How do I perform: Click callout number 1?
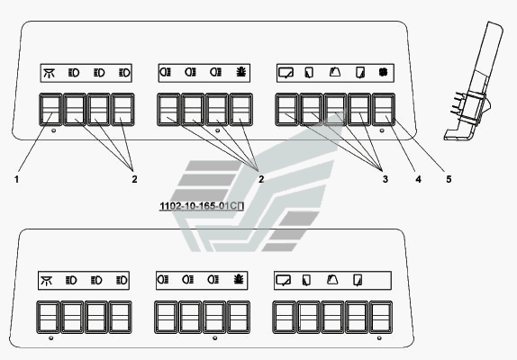coord(16,179)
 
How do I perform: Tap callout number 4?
coord(418,179)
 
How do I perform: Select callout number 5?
coord(449,179)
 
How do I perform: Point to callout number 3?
coord(385,179)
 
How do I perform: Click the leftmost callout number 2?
coord(134,179)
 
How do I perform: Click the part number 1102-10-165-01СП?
coord(202,206)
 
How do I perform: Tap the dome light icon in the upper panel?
coord(50,73)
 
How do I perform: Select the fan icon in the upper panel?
coord(383,72)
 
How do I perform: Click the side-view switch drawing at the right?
coord(474,81)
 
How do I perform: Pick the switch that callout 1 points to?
coord(50,110)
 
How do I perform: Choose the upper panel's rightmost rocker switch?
coord(384,110)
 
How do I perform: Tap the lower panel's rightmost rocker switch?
coord(381,317)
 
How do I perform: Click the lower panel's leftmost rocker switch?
coord(48,317)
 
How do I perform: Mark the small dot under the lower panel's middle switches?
coord(215,337)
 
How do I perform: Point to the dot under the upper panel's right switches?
coord(382,130)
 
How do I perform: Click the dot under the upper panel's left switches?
coord(54,130)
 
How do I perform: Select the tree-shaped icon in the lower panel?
coord(239,280)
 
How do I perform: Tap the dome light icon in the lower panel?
coord(47,280)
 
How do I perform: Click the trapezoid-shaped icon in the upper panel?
coord(335,72)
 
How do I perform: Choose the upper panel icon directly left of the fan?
coord(360,73)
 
